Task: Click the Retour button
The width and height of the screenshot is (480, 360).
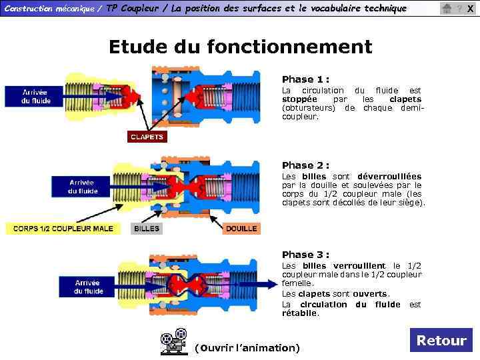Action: (x=441, y=340)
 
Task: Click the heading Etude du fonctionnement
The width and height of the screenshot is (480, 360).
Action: (x=240, y=47)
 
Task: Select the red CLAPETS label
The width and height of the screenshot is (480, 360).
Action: (x=147, y=137)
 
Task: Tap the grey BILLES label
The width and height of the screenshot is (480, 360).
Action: (x=147, y=228)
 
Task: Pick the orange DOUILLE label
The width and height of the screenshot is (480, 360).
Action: (x=241, y=228)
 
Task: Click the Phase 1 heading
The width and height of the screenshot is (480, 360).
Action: (x=305, y=79)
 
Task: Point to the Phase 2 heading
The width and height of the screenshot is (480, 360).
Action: (x=305, y=165)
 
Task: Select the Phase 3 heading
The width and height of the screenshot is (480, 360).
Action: (x=305, y=254)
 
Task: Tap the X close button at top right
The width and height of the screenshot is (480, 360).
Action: (x=470, y=9)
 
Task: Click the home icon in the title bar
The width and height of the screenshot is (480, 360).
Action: (x=447, y=9)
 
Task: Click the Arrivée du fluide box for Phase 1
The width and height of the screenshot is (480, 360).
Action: (x=36, y=97)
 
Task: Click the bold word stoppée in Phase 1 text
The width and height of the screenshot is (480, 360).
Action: (x=299, y=99)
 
